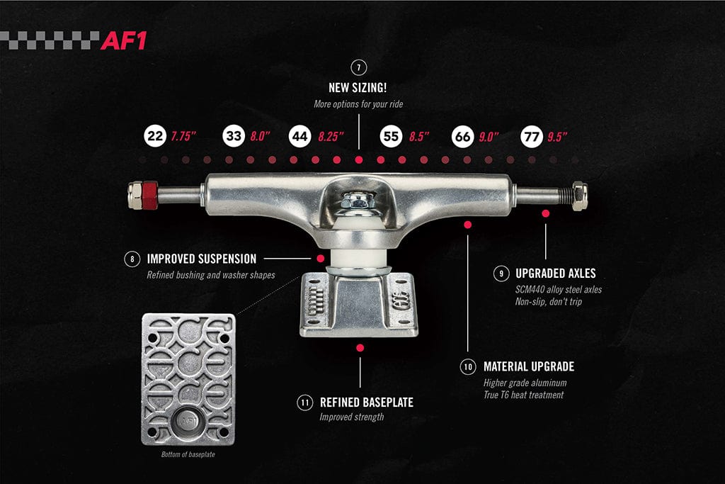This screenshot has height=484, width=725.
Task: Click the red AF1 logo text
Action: (x=124, y=40)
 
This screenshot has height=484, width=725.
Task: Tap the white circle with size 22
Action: (x=154, y=136)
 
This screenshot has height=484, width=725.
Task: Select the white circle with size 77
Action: (x=531, y=136)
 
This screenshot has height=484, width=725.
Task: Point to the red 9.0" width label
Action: (x=489, y=136)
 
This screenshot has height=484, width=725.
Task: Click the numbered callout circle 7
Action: (x=359, y=68)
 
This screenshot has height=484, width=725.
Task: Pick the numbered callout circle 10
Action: (x=468, y=366)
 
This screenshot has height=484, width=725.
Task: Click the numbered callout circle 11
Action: (x=304, y=403)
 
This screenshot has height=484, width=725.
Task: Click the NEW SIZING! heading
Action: (x=359, y=89)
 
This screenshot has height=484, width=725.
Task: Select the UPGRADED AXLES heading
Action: (x=546, y=273)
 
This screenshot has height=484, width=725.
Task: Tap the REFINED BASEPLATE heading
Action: (x=366, y=403)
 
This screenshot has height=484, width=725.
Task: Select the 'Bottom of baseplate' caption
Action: (x=188, y=454)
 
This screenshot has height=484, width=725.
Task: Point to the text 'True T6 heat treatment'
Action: (x=523, y=395)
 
